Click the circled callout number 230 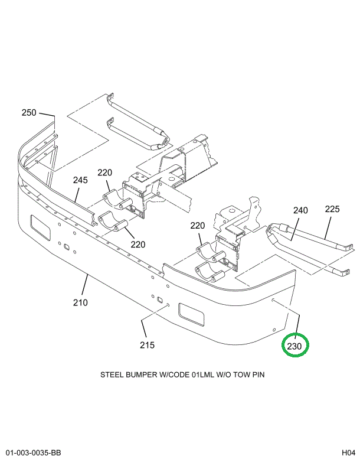[x=295, y=346]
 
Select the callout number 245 [x=80, y=180]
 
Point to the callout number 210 [x=80, y=303]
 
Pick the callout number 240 [x=300, y=210]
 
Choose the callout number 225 [x=333, y=209]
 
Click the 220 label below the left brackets [x=138, y=245]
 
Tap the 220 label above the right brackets [x=197, y=226]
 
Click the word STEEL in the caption [x=112, y=375]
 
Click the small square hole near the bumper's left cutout [x=67, y=247]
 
